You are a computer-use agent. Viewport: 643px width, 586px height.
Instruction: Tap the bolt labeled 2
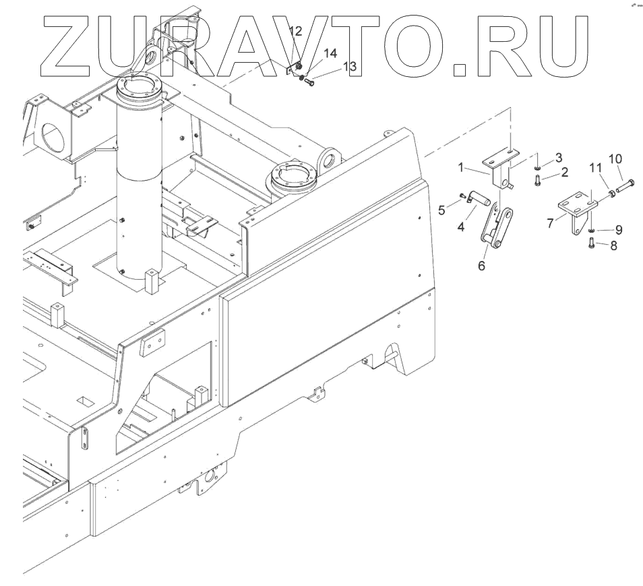point(537,180)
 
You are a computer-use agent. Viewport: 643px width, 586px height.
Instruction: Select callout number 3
point(559,157)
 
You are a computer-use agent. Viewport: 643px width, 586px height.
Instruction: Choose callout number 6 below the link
point(481,266)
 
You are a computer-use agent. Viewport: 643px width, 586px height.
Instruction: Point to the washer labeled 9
point(591,231)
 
